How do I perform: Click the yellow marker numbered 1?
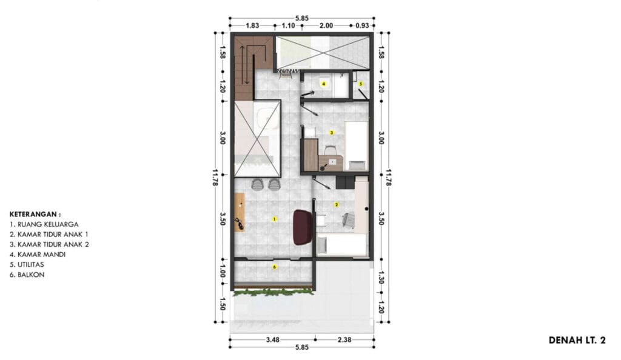274,219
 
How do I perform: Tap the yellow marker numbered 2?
337,204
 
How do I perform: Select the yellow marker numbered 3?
332,133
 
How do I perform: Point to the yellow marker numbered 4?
324,84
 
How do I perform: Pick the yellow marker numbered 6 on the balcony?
275,267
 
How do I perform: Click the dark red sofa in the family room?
303,227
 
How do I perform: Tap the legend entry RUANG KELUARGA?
44,224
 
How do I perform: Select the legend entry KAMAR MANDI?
38,255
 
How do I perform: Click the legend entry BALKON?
27,275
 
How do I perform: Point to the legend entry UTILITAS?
27,265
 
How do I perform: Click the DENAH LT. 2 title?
577,340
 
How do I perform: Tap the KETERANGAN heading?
35,215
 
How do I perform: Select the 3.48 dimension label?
272,339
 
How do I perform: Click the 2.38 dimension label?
344,339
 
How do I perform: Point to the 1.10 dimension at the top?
288,25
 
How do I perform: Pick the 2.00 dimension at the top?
326,25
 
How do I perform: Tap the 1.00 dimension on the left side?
222,272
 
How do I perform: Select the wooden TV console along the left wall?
239,212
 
